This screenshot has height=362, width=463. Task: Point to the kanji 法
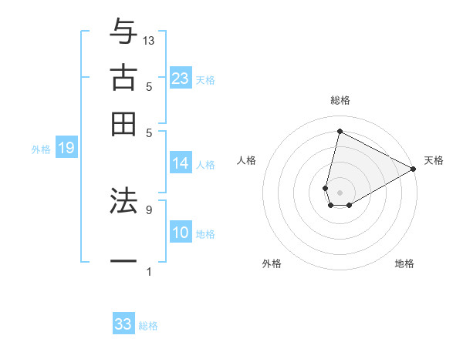[123, 201]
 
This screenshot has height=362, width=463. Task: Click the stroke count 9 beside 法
[148, 209]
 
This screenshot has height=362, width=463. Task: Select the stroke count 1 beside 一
[148, 271]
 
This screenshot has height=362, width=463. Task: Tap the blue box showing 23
[181, 79]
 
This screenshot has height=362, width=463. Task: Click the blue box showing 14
[181, 163]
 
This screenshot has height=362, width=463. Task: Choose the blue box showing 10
[181, 233]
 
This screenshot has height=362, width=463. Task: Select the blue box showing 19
[66, 149]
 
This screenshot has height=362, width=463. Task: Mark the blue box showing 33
[123, 324]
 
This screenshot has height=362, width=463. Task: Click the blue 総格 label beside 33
[148, 326]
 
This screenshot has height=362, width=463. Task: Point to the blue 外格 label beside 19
[41, 149]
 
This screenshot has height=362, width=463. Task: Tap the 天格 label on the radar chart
[434, 160]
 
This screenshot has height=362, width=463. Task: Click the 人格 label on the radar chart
[247, 160]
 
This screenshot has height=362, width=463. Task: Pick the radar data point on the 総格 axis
[340, 131]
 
